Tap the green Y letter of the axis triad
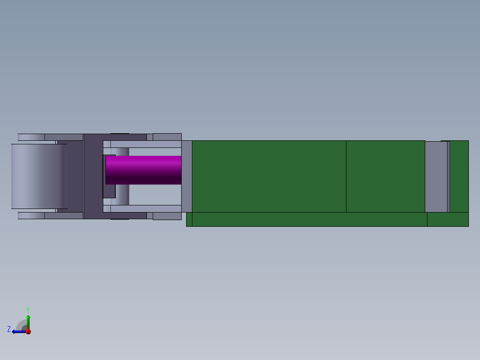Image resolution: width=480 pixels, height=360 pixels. [x=28, y=309]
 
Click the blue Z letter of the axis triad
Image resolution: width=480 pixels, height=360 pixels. [x=9, y=329]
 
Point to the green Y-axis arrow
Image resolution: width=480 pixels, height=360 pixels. [x=28, y=321]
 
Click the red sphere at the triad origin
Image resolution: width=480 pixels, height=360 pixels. [x=28, y=331]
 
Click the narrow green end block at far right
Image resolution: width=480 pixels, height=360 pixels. [x=459, y=176]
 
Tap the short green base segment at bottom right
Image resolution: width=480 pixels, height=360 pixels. [x=447, y=219]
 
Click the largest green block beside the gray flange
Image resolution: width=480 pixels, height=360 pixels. [x=269, y=176]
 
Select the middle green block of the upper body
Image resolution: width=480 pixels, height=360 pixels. [x=385, y=176]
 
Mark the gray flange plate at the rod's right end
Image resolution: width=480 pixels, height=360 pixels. [x=187, y=176]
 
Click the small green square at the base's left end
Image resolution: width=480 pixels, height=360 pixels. [x=189, y=219]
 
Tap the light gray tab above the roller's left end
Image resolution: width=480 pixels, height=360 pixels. [x=31, y=137]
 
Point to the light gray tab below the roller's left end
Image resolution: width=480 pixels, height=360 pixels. [x=31, y=216]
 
